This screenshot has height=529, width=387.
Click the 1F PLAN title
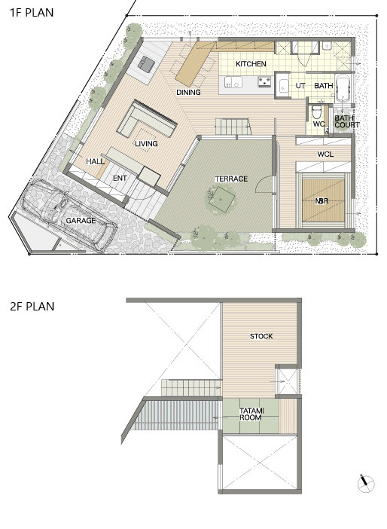pos(32,13)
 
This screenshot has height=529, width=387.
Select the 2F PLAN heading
pos(32,307)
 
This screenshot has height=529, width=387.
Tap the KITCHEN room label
pos(251,64)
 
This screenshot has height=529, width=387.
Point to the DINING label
pos(188,92)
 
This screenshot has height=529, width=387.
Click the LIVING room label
pos(146,144)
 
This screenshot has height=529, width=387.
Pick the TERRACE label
pos(232,179)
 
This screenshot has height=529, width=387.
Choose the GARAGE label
pos(81,221)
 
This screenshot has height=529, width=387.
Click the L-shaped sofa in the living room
pos(147,120)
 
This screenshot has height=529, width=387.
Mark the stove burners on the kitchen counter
pos(264,81)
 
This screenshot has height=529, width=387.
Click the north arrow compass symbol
pos(366,484)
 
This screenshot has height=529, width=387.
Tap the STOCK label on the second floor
pos(261,336)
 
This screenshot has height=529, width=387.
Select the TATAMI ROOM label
pos(251,414)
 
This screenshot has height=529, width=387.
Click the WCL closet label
pos(326,154)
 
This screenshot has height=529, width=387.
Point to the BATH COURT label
pos(347,121)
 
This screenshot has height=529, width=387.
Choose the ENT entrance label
pos(120,178)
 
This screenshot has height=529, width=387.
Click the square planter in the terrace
pos(221,199)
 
